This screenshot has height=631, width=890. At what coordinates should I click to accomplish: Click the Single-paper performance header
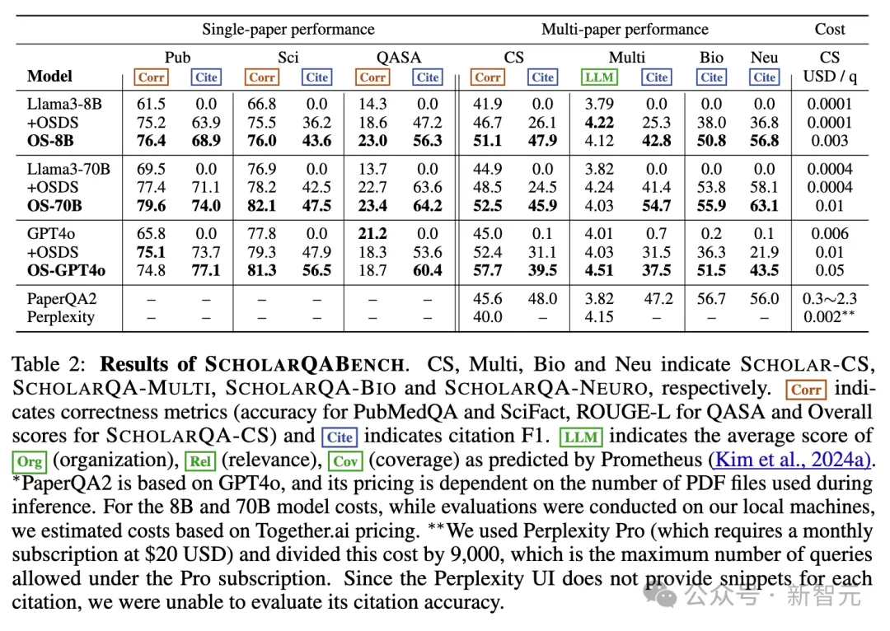[288, 30]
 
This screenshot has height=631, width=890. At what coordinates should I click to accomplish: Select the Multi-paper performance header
[625, 30]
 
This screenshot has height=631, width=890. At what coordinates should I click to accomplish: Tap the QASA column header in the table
[398, 58]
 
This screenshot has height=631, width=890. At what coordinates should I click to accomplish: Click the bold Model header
[50, 77]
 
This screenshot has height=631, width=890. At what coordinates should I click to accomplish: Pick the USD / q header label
[830, 77]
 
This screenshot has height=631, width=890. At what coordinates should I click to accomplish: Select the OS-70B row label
[54, 206]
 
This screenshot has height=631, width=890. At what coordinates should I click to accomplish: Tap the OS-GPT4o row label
[66, 271]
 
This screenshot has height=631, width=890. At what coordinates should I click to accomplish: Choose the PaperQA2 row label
[62, 299]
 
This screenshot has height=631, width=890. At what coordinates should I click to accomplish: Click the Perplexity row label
[60, 317]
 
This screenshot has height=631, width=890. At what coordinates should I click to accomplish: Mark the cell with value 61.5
[151, 105]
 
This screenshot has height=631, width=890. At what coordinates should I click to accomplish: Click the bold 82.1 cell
[262, 206]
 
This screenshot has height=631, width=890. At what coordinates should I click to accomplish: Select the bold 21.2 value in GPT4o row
[372, 234]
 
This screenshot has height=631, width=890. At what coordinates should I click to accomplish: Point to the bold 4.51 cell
[599, 271]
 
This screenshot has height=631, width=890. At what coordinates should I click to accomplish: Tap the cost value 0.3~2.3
[830, 299]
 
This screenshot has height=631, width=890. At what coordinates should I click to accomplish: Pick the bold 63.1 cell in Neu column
[765, 206]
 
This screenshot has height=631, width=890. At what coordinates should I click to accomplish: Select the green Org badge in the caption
[30, 461]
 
